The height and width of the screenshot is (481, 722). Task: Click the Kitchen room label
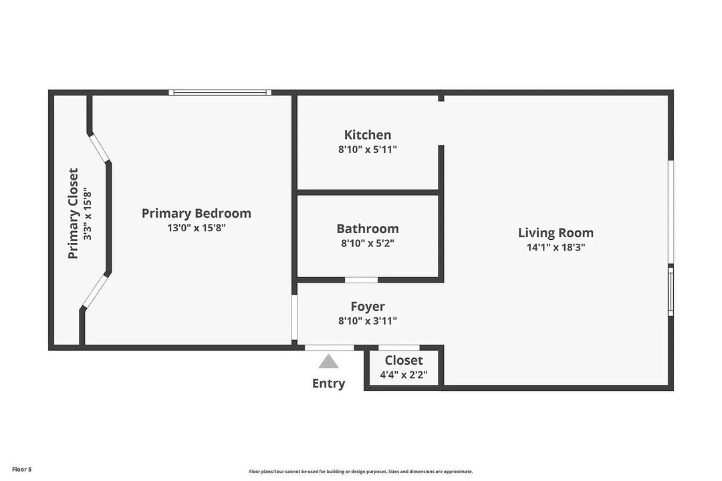pyautogui.click(x=368, y=135)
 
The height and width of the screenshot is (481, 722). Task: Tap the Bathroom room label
pyautogui.click(x=368, y=228)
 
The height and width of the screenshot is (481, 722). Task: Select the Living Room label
pyautogui.click(x=556, y=232)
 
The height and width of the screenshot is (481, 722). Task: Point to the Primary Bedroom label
pyautogui.click(x=197, y=213)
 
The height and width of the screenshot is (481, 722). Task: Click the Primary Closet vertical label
pyautogui.click(x=74, y=214)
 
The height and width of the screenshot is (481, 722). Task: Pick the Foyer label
pyautogui.click(x=368, y=306)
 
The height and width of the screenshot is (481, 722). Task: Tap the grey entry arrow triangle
pyautogui.click(x=328, y=362)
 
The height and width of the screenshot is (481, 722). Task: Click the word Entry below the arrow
pyautogui.click(x=328, y=383)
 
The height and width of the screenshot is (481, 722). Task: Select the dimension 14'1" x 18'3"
pyautogui.click(x=556, y=247)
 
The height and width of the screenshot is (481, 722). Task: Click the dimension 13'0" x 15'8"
pyautogui.click(x=197, y=228)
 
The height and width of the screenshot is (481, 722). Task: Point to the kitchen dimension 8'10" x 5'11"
pyautogui.click(x=368, y=150)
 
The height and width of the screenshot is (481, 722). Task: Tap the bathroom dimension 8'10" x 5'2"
pyautogui.click(x=368, y=244)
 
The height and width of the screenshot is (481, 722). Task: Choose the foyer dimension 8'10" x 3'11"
pyautogui.click(x=368, y=321)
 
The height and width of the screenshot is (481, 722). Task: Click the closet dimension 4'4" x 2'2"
pyautogui.click(x=404, y=375)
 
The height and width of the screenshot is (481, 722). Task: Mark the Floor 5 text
pyautogui.click(x=21, y=470)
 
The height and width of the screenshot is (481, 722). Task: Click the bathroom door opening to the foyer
pyautogui.click(x=361, y=279)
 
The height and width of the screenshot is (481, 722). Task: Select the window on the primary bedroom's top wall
pyautogui.click(x=220, y=92)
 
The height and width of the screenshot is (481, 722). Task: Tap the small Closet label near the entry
pyautogui.click(x=404, y=361)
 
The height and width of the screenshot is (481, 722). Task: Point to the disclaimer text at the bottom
pyautogui.click(x=361, y=472)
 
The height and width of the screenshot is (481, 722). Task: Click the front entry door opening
pyautogui.click(x=330, y=347)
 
